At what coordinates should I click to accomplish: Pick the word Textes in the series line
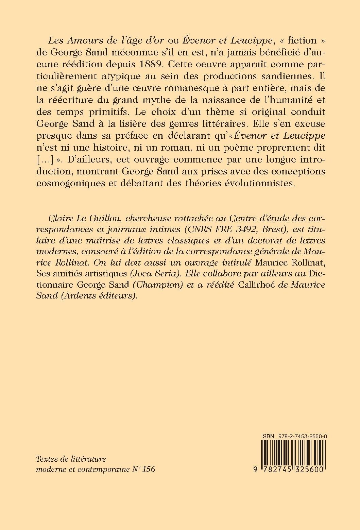tap(47, 459)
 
